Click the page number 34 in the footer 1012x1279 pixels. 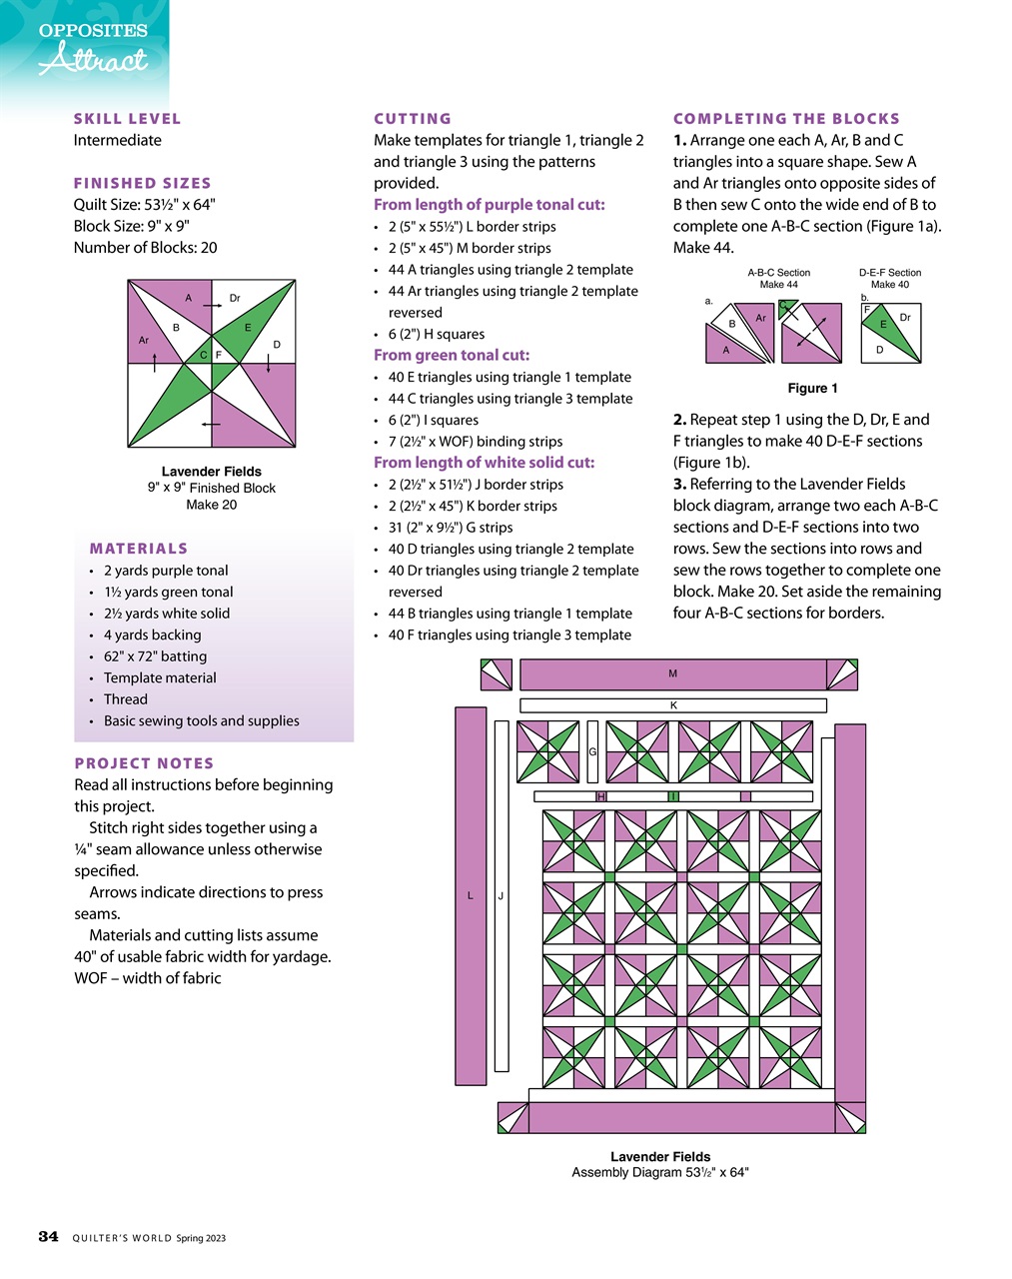point(48,1237)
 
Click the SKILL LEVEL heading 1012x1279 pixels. point(127,119)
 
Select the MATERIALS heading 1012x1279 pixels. point(139,549)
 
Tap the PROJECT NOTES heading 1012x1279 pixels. point(144,763)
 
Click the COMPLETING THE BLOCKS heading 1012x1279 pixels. point(786,119)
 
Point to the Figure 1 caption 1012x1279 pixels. point(812,388)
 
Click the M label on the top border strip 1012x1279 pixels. point(672,673)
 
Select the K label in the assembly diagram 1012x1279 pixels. point(673,705)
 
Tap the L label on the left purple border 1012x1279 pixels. point(471,896)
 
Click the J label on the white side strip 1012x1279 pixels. point(501,896)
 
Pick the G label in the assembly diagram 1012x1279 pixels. point(592,751)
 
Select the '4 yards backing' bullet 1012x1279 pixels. point(152,635)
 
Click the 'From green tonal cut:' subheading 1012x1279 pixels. point(452,355)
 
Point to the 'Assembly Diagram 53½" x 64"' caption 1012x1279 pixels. point(659,1172)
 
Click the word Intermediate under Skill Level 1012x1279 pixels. point(117,140)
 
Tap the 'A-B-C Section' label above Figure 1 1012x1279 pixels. point(778,272)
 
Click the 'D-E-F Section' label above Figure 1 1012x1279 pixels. point(889,272)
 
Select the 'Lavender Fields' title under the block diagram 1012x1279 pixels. point(211,472)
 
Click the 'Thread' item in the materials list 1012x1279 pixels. point(125,699)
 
